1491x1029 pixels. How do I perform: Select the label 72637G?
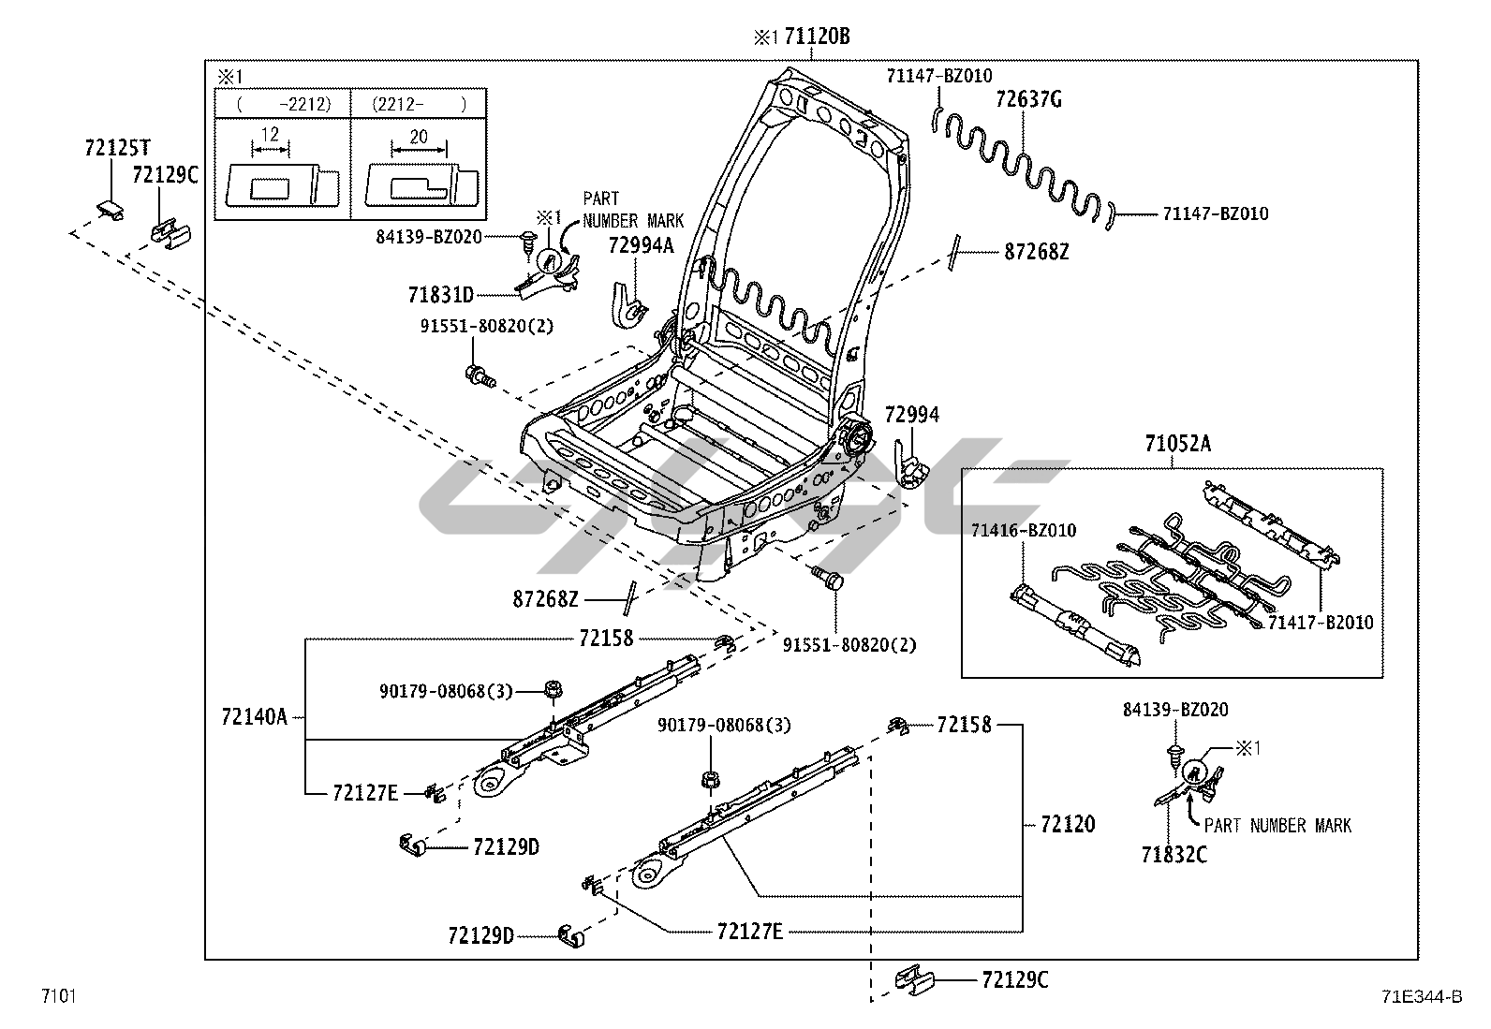1027,100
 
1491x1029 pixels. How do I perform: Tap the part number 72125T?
117,148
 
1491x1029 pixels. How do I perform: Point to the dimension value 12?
270,134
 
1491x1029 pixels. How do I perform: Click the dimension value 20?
418,137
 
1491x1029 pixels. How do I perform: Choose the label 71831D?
440,295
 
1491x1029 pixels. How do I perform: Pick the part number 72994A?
641,245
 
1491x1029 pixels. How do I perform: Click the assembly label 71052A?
1176,444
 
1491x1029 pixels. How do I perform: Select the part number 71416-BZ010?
1023,531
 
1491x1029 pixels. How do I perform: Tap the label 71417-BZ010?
1321,623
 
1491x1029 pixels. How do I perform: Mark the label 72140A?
254,717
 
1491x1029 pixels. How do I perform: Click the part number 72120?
1067,824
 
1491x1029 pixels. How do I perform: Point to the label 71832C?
1174,854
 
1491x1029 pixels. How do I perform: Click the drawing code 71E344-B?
1419,996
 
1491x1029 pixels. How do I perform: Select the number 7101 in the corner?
57,995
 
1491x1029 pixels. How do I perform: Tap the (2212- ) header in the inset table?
418,104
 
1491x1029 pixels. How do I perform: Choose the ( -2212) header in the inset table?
283,104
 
